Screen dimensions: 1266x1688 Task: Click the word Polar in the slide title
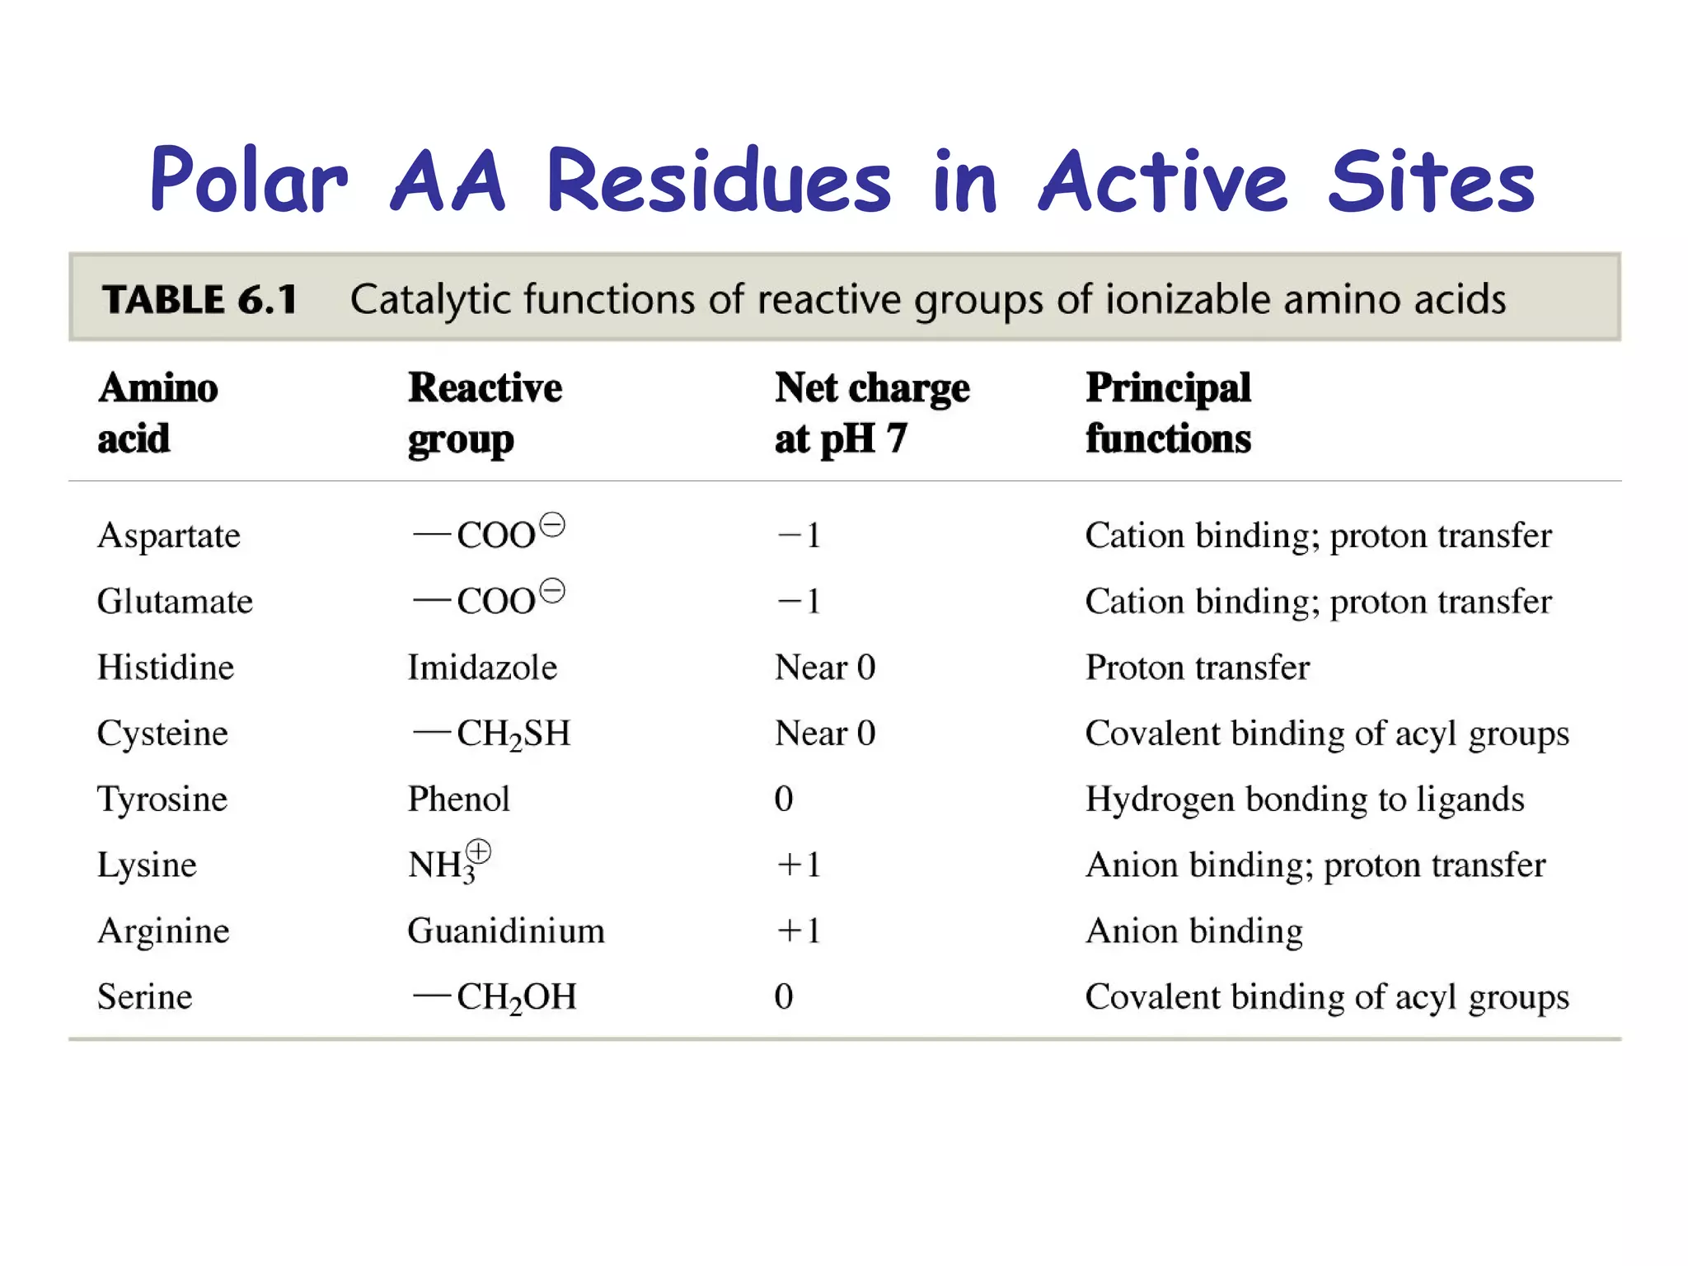tap(248, 180)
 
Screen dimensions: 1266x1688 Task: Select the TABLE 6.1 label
tap(199, 299)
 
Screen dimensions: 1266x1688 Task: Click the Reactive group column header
tap(485, 412)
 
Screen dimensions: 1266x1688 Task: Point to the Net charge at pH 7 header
tap(871, 412)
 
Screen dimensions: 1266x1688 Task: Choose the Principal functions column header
tap(1168, 412)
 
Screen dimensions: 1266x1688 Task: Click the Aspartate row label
tap(169, 536)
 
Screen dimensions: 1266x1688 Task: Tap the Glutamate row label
tap(175, 602)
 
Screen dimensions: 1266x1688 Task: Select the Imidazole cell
tap(482, 668)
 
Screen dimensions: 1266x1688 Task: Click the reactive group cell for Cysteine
tap(492, 734)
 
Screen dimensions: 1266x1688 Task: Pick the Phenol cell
tap(459, 799)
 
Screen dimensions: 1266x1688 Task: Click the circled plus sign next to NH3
tap(478, 851)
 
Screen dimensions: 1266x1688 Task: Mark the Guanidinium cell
tap(506, 931)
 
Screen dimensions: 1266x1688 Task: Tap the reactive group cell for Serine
tap(495, 997)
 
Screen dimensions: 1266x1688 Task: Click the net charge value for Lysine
tap(799, 865)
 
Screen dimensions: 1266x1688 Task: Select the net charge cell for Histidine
tap(824, 668)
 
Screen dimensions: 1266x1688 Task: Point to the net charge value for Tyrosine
tap(784, 799)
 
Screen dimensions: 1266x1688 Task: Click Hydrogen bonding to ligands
tap(1304, 799)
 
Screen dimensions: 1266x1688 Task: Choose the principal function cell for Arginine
tap(1193, 931)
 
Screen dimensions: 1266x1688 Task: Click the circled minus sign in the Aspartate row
tap(552, 525)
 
